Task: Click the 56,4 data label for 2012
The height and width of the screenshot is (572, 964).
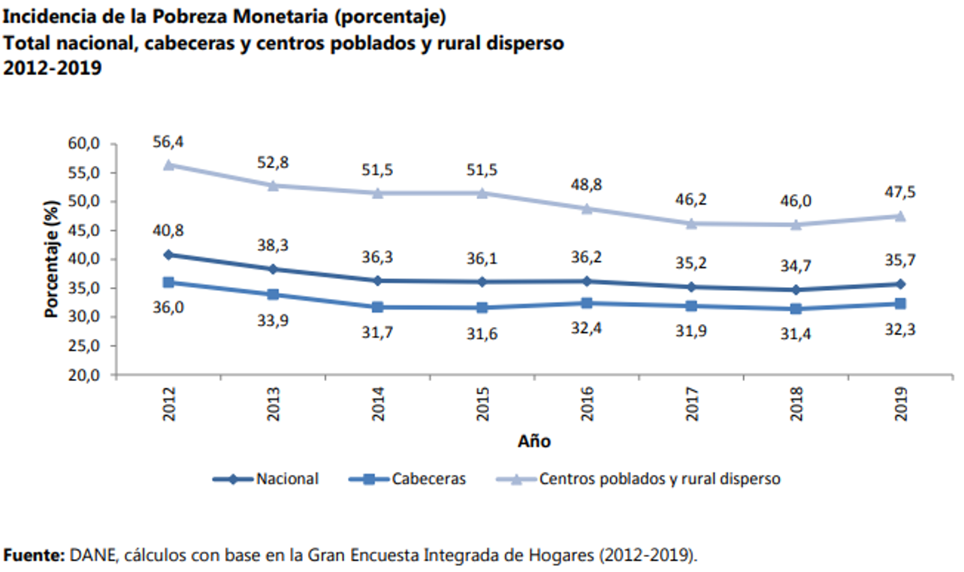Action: click(x=168, y=142)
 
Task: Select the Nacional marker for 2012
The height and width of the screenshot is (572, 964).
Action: click(x=168, y=255)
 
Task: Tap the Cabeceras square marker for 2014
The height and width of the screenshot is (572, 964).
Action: click(x=378, y=307)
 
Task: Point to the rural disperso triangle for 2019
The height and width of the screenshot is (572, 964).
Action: click(x=900, y=216)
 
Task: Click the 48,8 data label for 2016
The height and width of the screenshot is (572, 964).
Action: click(x=587, y=185)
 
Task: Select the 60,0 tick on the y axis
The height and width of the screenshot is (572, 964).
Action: click(x=84, y=144)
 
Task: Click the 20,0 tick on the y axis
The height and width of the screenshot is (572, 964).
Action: click(x=84, y=375)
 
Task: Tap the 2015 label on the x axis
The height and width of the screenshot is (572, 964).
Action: click(x=482, y=404)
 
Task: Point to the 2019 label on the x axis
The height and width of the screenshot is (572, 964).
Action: click(x=901, y=404)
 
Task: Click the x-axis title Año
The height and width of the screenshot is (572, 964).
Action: click(x=533, y=442)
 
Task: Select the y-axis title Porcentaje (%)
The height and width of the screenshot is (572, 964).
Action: click(x=51, y=259)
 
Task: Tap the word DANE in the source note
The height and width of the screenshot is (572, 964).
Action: click(x=92, y=555)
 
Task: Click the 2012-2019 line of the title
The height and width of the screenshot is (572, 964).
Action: click(x=53, y=68)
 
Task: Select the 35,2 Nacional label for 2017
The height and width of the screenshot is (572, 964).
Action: click(x=692, y=263)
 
